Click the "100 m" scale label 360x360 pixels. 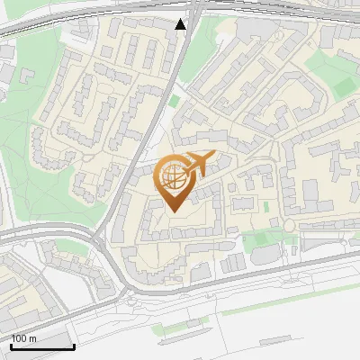click(23, 337)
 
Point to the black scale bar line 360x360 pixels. click(42, 346)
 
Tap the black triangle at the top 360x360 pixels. click(181, 24)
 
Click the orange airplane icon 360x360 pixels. click(198, 164)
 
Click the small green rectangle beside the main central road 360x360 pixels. click(175, 101)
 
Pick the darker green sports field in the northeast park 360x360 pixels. click(343, 85)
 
